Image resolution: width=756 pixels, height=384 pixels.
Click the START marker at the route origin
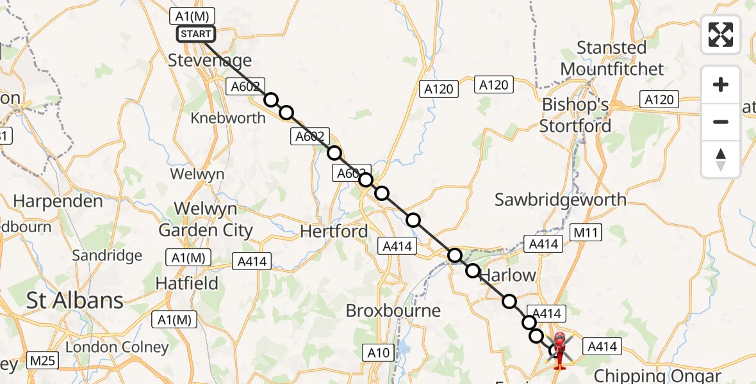point(195,34)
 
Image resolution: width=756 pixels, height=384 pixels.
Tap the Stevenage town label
point(210,61)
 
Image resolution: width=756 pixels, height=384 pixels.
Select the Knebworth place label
point(227,118)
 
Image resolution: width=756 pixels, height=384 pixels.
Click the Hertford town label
point(334,231)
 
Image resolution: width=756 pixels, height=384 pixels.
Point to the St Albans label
point(75,300)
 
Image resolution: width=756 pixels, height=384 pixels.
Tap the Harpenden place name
point(58,201)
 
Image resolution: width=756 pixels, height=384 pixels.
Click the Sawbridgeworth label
point(561,200)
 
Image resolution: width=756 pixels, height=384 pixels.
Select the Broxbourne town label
point(393,311)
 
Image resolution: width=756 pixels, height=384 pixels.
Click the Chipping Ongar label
point(657,376)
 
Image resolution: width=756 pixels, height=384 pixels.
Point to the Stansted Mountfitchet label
point(612,58)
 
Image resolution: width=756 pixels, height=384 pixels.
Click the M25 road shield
point(42,361)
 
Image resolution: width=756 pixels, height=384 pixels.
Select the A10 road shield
point(377,352)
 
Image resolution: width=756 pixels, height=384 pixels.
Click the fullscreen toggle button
point(721,35)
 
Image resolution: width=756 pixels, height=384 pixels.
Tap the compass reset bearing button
point(721,159)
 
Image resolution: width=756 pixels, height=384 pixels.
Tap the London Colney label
point(117,348)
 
